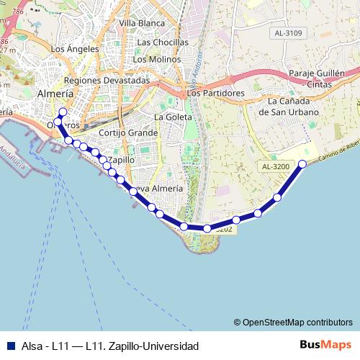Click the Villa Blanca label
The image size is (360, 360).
[143, 23]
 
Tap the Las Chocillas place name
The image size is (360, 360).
[163, 42]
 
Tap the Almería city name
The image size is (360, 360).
[54, 94]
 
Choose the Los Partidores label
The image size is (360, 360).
[215, 93]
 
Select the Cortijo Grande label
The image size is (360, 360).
[128, 133]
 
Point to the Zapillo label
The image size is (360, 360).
[122, 159]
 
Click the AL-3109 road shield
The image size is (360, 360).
[289, 32]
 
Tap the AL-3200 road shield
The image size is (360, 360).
[276, 167]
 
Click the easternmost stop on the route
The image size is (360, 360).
[302, 164]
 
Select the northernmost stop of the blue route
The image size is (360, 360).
[63, 112]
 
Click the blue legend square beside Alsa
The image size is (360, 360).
[10, 346]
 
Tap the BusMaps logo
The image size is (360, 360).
[325, 346]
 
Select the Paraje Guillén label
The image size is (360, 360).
[317, 73]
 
